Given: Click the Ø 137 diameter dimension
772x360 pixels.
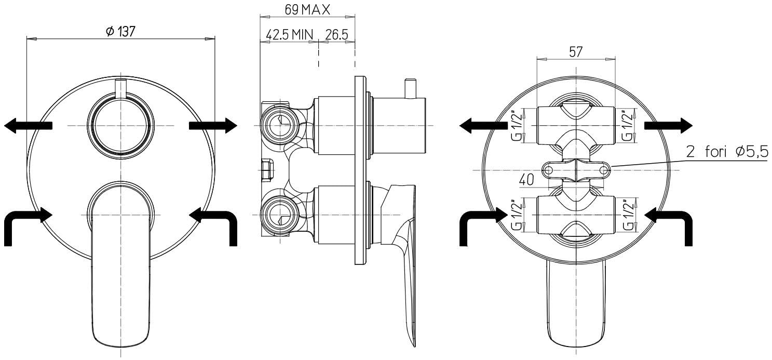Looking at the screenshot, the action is (x=120, y=32).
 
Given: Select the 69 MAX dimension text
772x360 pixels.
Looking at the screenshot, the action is (x=307, y=10).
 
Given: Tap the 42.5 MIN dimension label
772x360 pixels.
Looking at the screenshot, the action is (x=290, y=34).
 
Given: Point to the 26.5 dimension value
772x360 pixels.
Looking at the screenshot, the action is (x=337, y=34).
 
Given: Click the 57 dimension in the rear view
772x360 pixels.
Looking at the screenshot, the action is (x=576, y=52).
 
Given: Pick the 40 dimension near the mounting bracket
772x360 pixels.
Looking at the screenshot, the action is (x=526, y=180).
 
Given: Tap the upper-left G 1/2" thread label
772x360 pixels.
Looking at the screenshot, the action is (x=517, y=126).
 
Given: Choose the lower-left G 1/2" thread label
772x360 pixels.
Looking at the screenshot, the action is (x=517, y=215).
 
